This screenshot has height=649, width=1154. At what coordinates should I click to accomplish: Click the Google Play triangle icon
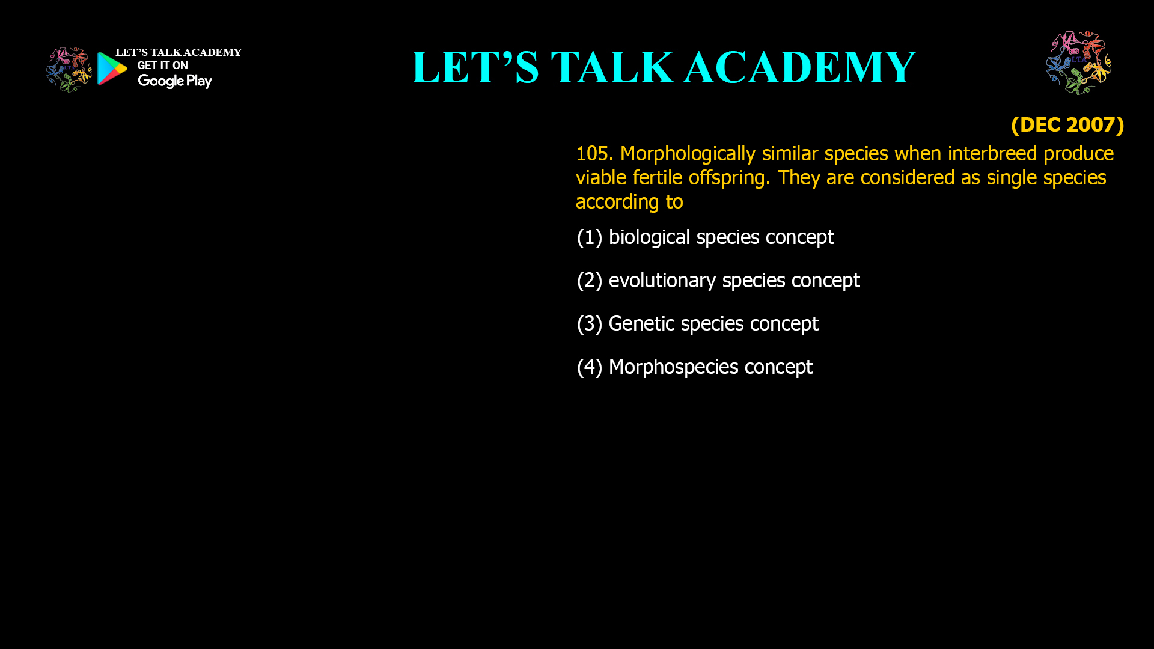point(112,69)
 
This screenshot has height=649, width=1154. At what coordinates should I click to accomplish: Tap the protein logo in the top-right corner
point(1078,62)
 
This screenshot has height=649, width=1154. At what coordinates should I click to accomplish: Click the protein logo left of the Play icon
point(69,70)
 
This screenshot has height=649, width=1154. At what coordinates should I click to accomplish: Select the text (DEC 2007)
point(1067,125)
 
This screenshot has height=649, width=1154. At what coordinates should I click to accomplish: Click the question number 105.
point(594,154)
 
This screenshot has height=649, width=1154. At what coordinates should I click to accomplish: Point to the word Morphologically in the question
point(688,154)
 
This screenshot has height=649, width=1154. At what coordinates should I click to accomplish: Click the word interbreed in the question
point(992,154)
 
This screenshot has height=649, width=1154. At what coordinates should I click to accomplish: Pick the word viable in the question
point(601,178)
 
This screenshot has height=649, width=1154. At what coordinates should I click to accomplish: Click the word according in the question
point(617,202)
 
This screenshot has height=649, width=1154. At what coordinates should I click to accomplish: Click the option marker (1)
point(589,237)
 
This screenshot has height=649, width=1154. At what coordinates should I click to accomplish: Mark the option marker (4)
point(589,367)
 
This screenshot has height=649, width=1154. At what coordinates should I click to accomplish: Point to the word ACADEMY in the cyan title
point(799,67)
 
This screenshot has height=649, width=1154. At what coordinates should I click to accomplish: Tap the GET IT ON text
point(162,66)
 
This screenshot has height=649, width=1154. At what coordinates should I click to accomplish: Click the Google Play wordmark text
point(174,81)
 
